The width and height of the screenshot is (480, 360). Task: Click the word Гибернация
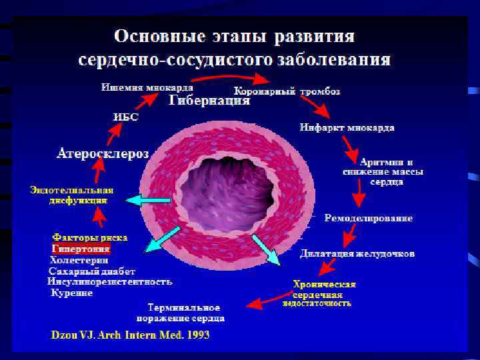tap(209, 101)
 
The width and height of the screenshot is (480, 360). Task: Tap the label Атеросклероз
tap(102, 154)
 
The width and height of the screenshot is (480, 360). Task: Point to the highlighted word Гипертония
tap(81, 248)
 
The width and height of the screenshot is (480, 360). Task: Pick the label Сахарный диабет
tap(92, 271)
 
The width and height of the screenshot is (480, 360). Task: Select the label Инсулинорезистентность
tap(110, 282)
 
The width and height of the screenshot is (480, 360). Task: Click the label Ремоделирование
tap(368, 218)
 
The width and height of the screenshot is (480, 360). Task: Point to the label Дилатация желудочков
tap(357, 253)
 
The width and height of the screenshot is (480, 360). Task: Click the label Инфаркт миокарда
tap(347, 127)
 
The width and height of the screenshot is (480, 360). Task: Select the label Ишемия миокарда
tap(147, 87)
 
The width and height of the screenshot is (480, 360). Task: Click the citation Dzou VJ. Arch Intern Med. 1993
tap(131, 335)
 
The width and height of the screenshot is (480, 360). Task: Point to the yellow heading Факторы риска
tap(89, 237)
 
